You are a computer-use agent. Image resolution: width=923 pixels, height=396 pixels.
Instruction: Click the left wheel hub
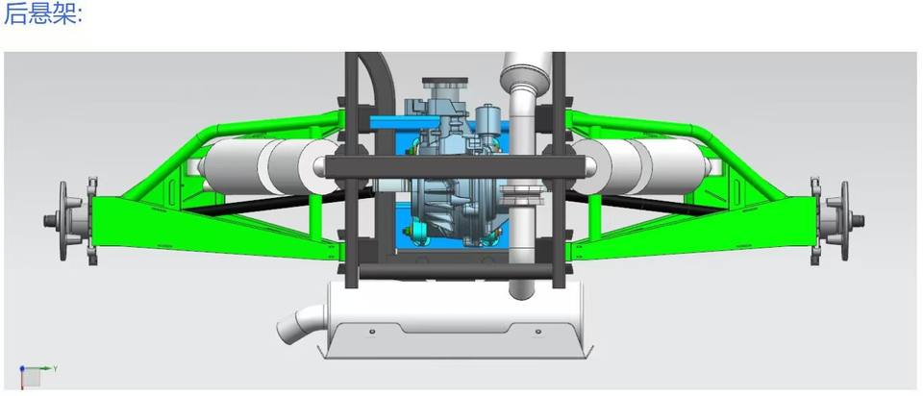pyautogui.click(x=70, y=221)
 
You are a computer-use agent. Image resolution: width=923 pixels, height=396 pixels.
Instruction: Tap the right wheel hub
pyautogui.click(x=836, y=221)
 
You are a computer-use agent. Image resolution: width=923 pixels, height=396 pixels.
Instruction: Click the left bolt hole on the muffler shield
pyautogui.click(x=372, y=332)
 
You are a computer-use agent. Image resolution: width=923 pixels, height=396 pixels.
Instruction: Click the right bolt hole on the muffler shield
pyautogui.click(x=537, y=332)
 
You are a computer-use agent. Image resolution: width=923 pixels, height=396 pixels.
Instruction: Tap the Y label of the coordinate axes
pyautogui.click(x=55, y=368)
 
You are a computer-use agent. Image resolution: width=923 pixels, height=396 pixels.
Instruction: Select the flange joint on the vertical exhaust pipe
pyautogui.click(x=521, y=194)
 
